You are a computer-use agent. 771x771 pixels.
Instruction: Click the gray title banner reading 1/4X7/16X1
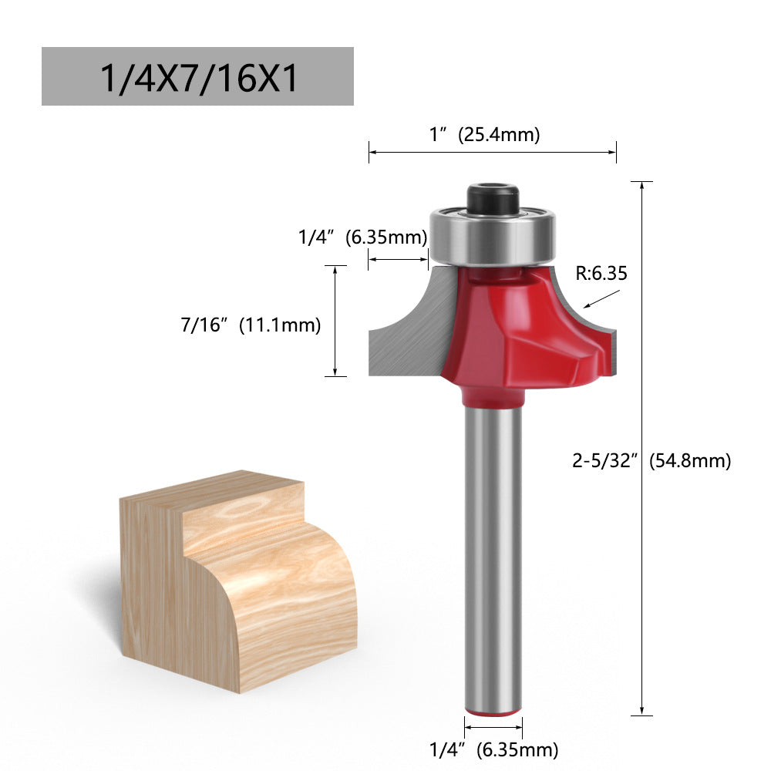tap(197, 76)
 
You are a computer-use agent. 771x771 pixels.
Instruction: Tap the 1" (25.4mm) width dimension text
tap(484, 134)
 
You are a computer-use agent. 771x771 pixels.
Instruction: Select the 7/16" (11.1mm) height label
tap(251, 325)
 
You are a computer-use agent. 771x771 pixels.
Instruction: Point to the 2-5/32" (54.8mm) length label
tap(651, 461)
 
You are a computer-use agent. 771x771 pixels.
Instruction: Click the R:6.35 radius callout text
tap(601, 272)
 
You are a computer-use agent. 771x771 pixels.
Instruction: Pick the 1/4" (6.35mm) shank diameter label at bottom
tap(493, 749)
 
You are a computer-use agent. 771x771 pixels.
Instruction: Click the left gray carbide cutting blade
tap(409, 332)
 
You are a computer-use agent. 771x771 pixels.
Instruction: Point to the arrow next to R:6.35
tap(601, 299)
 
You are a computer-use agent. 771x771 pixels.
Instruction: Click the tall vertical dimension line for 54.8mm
tap(641, 447)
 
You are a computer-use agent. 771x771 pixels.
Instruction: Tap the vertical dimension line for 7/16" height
tap(335, 321)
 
